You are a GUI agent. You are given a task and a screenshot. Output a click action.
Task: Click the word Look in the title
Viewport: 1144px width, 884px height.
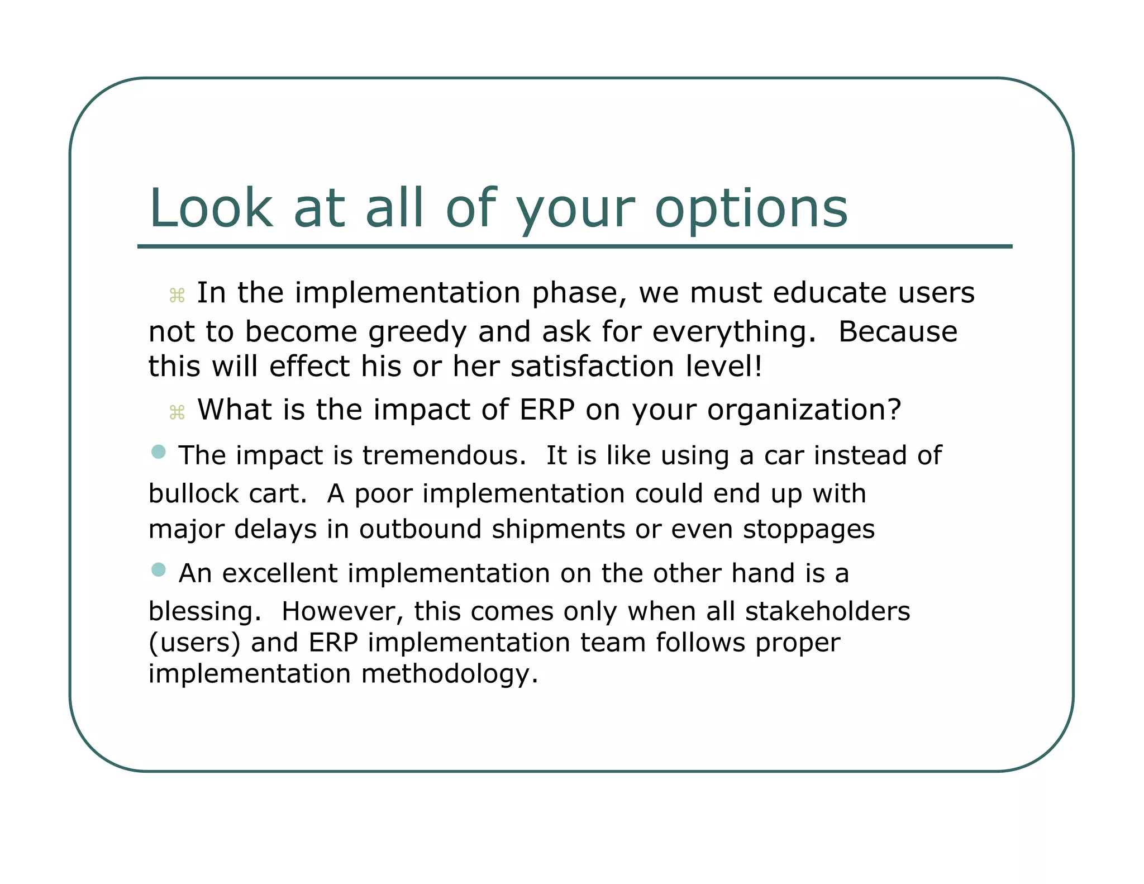click(x=211, y=208)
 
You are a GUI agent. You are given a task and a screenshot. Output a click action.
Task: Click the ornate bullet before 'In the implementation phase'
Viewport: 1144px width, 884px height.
click(x=177, y=296)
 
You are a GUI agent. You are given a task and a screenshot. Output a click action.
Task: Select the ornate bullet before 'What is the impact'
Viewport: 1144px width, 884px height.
click(x=177, y=413)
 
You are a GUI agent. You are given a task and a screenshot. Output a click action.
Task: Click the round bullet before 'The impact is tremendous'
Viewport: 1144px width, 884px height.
click(x=159, y=451)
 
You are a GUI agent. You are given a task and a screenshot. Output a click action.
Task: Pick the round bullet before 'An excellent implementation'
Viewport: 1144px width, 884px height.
click(x=159, y=569)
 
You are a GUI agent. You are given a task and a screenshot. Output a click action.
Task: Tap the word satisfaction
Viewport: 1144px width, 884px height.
click(x=592, y=367)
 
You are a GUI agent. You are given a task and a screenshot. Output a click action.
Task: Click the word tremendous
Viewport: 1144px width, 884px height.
click(x=444, y=455)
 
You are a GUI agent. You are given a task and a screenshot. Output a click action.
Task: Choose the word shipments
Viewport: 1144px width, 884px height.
click(x=558, y=529)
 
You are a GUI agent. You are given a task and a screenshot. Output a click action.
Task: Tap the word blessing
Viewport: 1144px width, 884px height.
click(x=204, y=612)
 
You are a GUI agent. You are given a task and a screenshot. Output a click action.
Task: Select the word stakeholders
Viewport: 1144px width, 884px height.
click(x=827, y=611)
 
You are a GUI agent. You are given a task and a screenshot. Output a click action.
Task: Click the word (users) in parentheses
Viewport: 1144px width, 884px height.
click(x=194, y=643)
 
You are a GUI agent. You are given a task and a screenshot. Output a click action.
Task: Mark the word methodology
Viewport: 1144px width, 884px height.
click(x=449, y=674)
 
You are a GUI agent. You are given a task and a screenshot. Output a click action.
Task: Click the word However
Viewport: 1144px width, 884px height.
click(x=342, y=611)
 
